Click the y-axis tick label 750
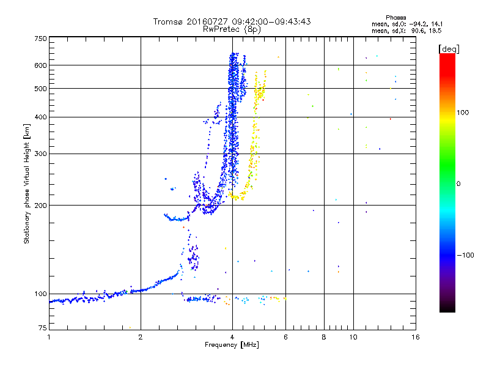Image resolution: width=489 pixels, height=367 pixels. coord(40,38)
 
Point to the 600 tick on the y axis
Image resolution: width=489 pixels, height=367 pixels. coord(40,65)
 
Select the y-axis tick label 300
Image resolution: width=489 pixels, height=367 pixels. coord(40,154)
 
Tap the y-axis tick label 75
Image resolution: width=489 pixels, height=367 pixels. coord(42,329)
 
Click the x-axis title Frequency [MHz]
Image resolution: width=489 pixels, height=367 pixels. coord(231,346)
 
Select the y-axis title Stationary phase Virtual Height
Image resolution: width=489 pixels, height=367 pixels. coord(27,183)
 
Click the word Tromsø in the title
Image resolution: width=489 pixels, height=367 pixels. coord(168,21)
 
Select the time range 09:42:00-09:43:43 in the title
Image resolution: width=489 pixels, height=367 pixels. coord(267,21)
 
